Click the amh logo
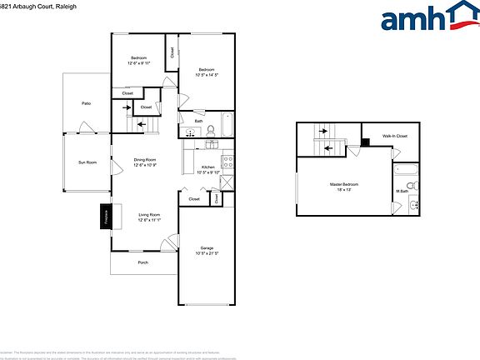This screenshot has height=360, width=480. pyautogui.click(x=426, y=17)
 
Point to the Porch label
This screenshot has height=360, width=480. pyautogui.click(x=143, y=262)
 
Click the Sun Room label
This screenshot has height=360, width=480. pyautogui.click(x=87, y=162)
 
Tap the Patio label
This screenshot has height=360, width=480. pyautogui.click(x=86, y=103)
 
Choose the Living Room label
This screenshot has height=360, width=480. pyautogui.click(x=149, y=215)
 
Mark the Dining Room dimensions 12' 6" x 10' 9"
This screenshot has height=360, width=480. pyautogui.click(x=146, y=165)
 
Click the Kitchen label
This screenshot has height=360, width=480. pyautogui.click(x=207, y=167)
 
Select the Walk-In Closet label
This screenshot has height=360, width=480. pyautogui.click(x=394, y=135)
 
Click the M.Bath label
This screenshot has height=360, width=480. pyautogui.click(x=402, y=192)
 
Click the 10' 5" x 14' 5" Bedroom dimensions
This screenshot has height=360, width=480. pyautogui.click(x=206, y=75)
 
